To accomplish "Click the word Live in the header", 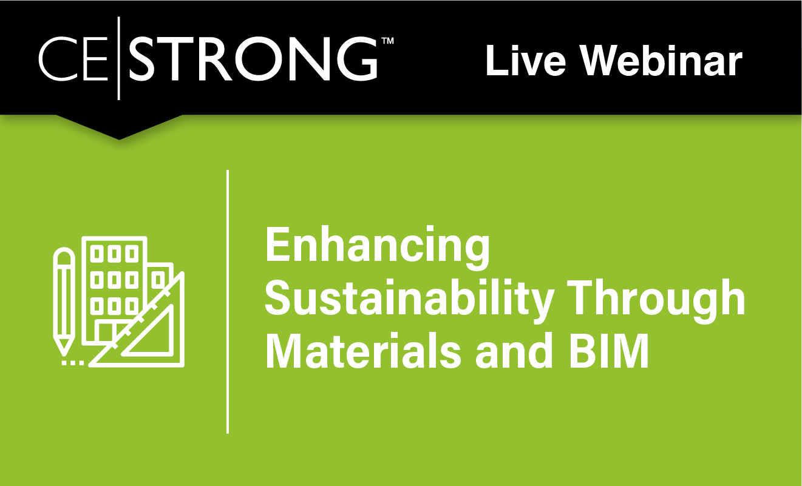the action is pyautogui.click(x=525, y=61).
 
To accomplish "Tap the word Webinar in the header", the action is pyautogui.click(x=661, y=61).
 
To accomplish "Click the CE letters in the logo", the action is pyautogui.click(x=73, y=58).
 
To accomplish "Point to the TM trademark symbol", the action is pyautogui.click(x=388, y=41).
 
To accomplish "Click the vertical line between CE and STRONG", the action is pyautogui.click(x=119, y=58).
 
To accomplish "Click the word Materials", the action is pyautogui.click(x=362, y=351).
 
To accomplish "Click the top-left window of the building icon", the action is pyautogui.click(x=97, y=254).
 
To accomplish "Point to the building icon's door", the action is pyautogui.click(x=105, y=332).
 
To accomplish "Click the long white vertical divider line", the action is pyautogui.click(x=228, y=302).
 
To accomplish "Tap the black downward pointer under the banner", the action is pyautogui.click(x=119, y=126).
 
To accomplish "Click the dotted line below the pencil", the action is pyautogui.click(x=73, y=363).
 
